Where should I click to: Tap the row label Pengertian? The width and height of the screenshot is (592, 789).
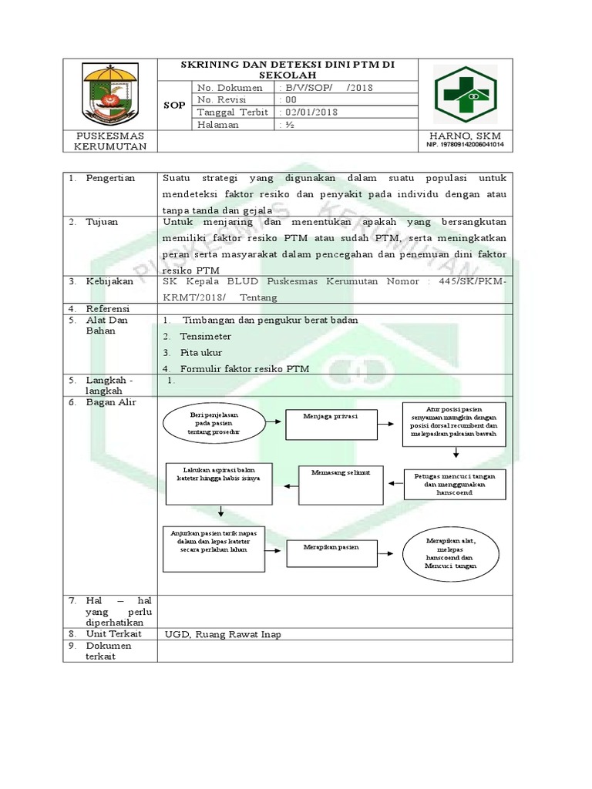pyautogui.click(x=109, y=178)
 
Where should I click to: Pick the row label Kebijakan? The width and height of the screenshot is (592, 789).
pyautogui.click(x=109, y=282)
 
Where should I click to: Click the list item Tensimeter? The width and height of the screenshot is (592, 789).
pyautogui.click(x=205, y=337)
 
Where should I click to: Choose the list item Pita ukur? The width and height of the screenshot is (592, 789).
pyautogui.click(x=201, y=353)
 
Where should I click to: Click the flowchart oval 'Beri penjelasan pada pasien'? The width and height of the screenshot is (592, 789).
pyautogui.click(x=214, y=424)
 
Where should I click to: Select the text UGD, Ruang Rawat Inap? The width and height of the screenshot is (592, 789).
pyautogui.click(x=224, y=634)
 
